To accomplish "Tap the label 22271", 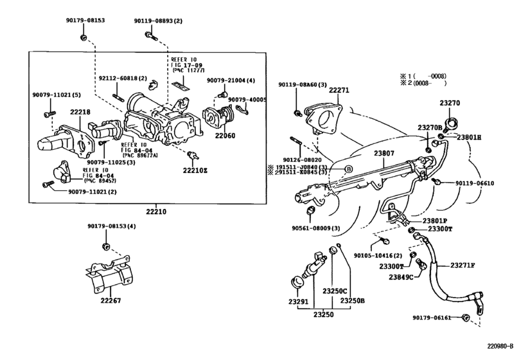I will (339, 91).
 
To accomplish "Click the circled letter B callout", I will (349, 168).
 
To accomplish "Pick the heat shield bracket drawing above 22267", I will (113, 273).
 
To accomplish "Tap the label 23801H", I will (469, 138).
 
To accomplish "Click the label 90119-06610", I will (472, 183).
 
